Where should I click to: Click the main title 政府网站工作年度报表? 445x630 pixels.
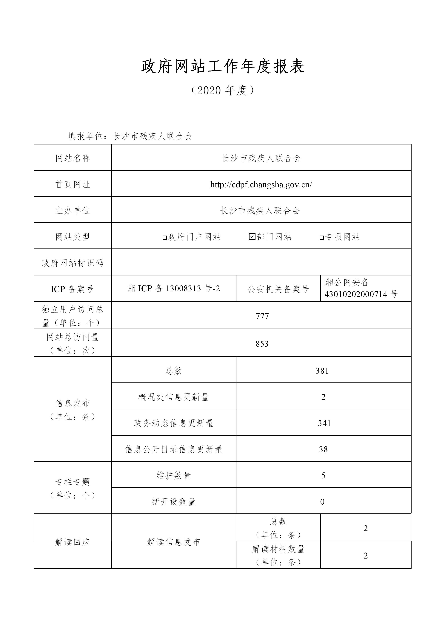[x=222, y=66]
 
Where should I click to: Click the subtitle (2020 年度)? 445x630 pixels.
[x=222, y=90]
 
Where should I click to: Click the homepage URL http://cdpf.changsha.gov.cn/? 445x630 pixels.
[x=261, y=185]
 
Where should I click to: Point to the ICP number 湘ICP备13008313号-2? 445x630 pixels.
[x=174, y=288]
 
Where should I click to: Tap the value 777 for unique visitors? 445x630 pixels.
[x=262, y=316]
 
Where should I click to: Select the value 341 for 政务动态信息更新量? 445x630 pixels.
[x=324, y=423]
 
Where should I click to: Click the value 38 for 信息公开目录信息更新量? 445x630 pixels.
[x=323, y=449]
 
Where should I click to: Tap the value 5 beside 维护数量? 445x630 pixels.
[x=323, y=475]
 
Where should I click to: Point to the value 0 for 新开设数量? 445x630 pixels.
[x=322, y=502]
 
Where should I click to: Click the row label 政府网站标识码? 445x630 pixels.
[x=73, y=263]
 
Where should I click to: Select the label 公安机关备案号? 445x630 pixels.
[x=278, y=289]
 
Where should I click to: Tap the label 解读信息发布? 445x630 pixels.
[x=174, y=542]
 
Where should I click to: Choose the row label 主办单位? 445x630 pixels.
[x=73, y=210]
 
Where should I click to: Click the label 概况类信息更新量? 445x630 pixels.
[x=174, y=397]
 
